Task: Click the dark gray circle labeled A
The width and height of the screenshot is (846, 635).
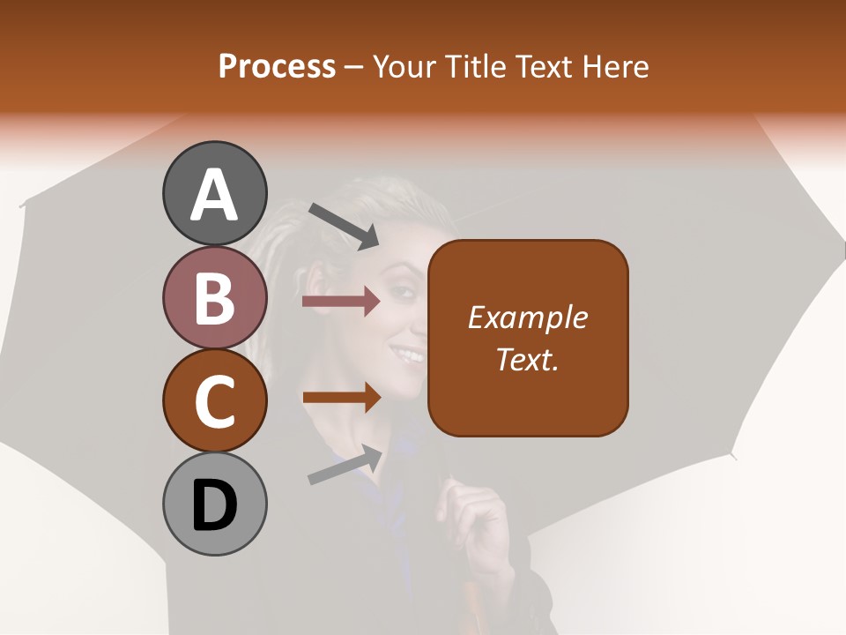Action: [214, 193]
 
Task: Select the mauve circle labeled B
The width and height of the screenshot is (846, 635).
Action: [214, 297]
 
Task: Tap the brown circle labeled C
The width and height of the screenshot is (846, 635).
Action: [214, 400]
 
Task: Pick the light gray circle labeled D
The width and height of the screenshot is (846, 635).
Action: [214, 504]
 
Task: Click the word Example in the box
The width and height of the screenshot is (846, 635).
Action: [528, 317]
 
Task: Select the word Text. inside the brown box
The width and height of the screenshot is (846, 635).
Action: [528, 359]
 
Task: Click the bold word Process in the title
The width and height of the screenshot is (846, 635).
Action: [277, 66]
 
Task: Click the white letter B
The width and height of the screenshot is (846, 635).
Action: [214, 297]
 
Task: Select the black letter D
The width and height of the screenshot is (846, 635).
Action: [214, 505]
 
